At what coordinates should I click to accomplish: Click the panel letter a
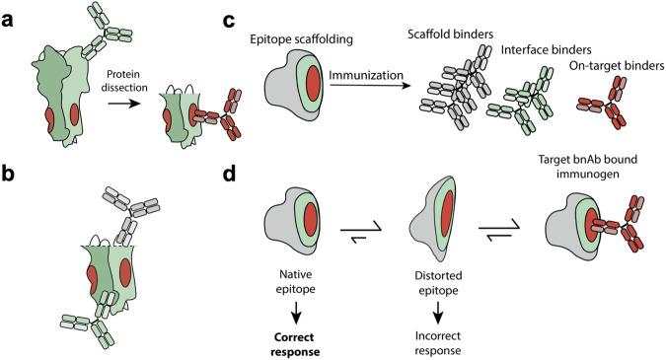coord(10,13)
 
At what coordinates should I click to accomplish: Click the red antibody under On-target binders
coord(611,114)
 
